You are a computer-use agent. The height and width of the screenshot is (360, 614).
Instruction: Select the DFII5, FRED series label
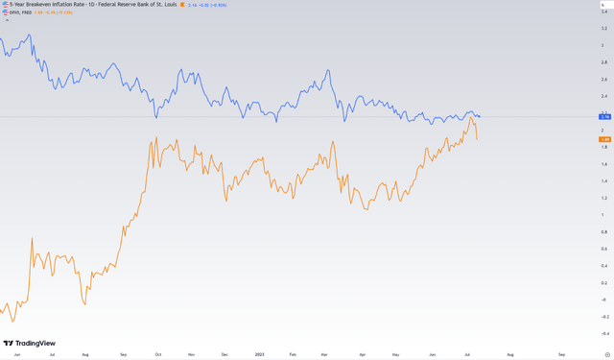coord(19,12)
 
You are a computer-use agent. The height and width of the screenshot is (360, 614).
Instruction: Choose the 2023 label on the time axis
coord(259,355)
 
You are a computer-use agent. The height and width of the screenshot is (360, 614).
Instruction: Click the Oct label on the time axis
coord(157,355)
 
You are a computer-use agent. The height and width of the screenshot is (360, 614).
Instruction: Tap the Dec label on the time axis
coord(224,355)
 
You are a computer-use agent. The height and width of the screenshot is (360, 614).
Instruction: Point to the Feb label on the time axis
coord(295,355)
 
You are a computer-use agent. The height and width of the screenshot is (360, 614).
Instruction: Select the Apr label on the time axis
coord(362,355)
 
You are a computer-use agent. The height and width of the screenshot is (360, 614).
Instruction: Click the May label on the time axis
coord(396,355)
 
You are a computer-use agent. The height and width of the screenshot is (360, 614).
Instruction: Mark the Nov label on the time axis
coord(191,355)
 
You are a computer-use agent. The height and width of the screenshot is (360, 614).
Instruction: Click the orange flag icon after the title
coord(182,4)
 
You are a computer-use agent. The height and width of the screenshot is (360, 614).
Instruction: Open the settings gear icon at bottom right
coord(604,354)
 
